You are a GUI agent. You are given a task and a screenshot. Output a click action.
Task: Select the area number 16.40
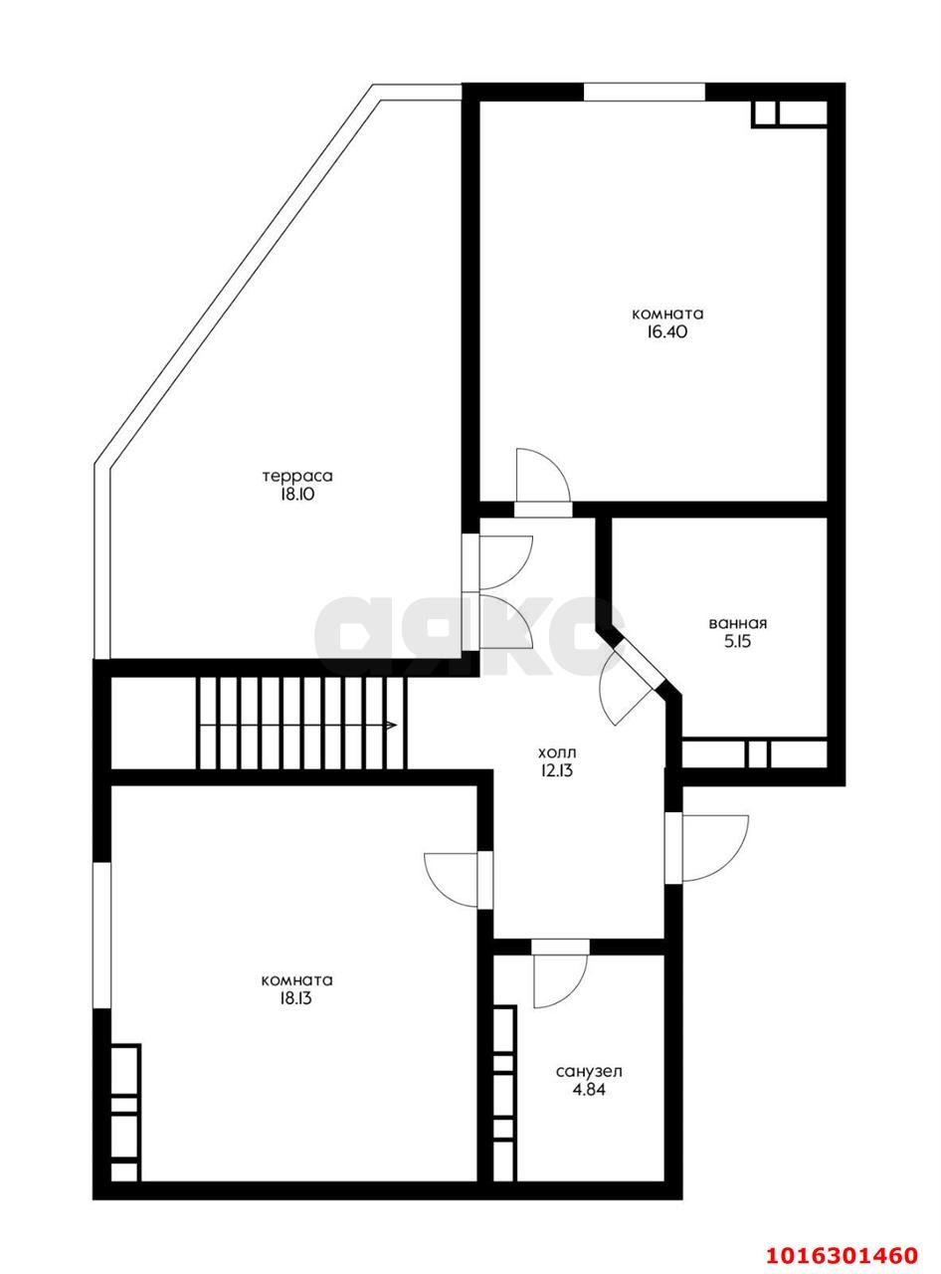(x=667, y=331)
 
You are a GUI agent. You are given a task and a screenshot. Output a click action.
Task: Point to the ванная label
(x=738, y=623)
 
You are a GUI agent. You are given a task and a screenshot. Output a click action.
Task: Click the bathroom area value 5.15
(x=738, y=642)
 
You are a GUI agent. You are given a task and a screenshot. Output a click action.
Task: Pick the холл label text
(x=556, y=751)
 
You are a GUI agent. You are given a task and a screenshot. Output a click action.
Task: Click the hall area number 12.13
(x=556, y=770)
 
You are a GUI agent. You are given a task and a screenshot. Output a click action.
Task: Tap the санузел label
(x=589, y=1071)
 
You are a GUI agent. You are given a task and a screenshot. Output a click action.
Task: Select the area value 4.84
(x=589, y=1089)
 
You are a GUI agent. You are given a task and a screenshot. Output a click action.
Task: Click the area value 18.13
(x=296, y=998)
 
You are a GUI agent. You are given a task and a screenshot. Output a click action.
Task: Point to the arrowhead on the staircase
(x=392, y=726)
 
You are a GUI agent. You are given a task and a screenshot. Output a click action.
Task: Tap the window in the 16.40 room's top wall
(x=645, y=92)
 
